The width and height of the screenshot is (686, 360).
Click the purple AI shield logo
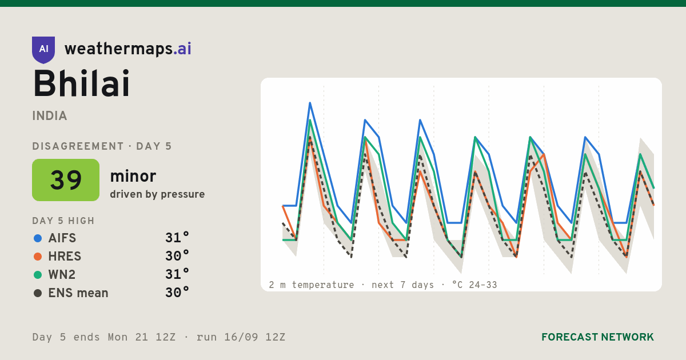coord(43,50)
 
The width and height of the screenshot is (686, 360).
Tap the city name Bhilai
coord(82,83)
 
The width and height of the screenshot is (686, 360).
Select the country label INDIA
coord(50,116)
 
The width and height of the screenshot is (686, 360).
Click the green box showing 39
coord(66,180)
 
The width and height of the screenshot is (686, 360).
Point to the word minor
coord(133,176)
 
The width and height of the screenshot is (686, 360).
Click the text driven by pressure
coord(157,194)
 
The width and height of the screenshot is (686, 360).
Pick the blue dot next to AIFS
coord(38,238)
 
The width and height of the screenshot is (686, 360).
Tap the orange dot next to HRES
coord(38,257)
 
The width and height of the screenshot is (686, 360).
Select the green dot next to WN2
coord(38,275)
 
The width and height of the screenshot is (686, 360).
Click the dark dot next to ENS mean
coord(38,293)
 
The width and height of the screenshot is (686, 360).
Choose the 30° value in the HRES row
coord(177,256)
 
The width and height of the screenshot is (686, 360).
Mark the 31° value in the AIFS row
coord(177,238)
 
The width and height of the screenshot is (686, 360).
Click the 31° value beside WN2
coord(177,274)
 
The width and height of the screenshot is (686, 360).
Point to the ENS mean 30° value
coord(177,293)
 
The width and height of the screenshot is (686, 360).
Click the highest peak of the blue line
coord(310,103)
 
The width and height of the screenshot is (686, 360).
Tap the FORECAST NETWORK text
coord(597,337)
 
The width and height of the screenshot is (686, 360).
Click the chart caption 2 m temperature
coord(311,285)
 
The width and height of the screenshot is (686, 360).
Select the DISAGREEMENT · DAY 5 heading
coord(102,146)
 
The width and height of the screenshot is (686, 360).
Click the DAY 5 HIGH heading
coord(63,221)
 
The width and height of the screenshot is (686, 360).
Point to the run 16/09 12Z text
coord(241,337)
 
